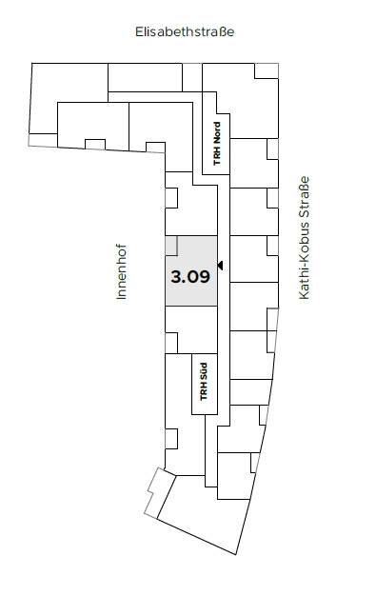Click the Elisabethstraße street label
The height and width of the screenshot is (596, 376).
[x=185, y=31]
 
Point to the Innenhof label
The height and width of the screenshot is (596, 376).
[x=121, y=271]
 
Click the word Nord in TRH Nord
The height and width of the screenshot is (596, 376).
[x=217, y=133]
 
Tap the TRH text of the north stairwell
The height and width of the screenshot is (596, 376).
[x=217, y=156]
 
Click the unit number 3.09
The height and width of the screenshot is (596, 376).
[x=190, y=277]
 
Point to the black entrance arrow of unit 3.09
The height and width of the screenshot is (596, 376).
[x=220, y=266]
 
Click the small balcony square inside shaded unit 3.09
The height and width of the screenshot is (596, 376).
[x=171, y=246]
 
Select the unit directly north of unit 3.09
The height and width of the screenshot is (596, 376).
[x=191, y=210]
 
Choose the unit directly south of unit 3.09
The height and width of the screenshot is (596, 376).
[x=191, y=329]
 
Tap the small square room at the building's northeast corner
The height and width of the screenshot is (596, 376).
[x=267, y=70]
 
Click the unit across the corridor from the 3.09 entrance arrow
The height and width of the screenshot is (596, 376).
[x=254, y=259]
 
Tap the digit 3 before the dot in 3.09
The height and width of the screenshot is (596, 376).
[x=176, y=277]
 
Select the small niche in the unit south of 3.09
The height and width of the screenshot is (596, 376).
[x=171, y=343]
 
